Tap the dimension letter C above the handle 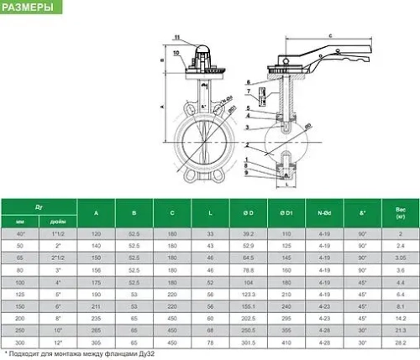(x=328, y=35)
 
